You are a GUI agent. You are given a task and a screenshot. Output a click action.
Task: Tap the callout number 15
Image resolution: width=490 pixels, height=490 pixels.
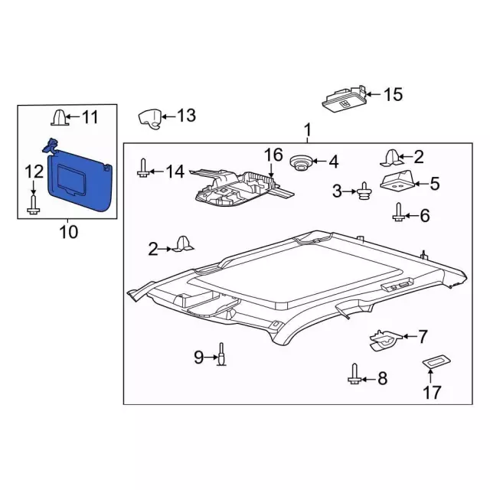pyautogui.click(x=393, y=94)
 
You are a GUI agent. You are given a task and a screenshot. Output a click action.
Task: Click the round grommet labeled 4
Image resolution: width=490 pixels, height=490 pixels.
pyautogui.click(x=301, y=163)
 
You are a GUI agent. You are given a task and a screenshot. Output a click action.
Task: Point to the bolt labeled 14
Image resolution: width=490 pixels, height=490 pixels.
pyautogui.click(x=142, y=168)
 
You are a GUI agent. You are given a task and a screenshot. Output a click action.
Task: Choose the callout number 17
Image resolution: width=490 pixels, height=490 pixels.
pyautogui.click(x=432, y=392)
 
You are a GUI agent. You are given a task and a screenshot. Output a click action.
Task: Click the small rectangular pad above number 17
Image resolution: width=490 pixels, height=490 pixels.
pyautogui.click(x=436, y=361)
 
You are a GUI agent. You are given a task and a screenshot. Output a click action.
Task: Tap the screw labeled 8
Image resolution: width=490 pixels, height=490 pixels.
pyautogui.click(x=354, y=374)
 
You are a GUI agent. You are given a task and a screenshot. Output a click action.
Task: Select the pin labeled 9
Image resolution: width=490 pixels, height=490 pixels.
pyautogui.click(x=221, y=354)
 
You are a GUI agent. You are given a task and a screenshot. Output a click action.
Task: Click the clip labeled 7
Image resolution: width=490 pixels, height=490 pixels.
pyautogui.click(x=385, y=341)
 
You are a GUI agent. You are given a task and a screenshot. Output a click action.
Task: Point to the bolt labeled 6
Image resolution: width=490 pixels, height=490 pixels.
pyautogui.click(x=399, y=212)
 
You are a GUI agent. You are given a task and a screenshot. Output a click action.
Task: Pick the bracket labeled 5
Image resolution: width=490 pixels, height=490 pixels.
pyautogui.click(x=397, y=180)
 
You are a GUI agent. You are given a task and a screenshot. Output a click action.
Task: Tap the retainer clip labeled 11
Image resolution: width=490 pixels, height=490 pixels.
pyautogui.click(x=60, y=117)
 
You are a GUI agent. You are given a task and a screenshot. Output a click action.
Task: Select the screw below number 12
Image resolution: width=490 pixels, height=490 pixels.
pyautogui.click(x=33, y=204)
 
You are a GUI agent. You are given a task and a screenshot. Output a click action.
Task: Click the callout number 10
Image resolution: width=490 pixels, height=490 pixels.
pyautogui.click(x=68, y=232)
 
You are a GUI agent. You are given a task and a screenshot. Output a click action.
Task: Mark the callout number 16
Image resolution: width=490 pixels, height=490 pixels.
pyautogui.click(x=273, y=155)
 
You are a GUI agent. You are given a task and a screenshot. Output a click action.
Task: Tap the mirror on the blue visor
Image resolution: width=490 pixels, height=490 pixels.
pyautogui.click(x=71, y=179)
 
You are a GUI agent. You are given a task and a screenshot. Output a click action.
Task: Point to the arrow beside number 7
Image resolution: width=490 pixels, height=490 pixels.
pyautogui.click(x=409, y=337)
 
